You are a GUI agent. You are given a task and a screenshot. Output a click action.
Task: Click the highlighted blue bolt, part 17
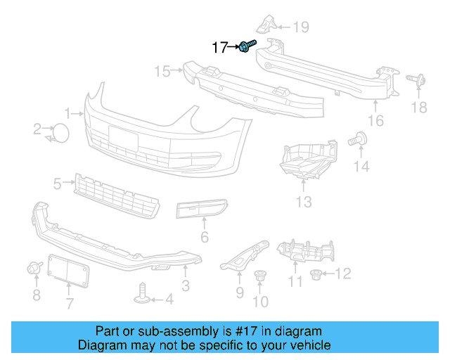pos(247,47)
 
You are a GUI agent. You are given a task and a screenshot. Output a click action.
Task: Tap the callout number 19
pos(301,27)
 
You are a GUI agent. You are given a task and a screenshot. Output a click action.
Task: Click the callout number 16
pos(376,121)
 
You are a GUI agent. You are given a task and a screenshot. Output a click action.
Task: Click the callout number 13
pos(303,203)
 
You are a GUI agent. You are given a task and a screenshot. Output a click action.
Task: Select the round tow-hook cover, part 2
pos(61,132)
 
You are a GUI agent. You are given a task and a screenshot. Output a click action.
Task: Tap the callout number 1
pos(68,112)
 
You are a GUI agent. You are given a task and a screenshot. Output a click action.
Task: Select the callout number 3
pos(185,285)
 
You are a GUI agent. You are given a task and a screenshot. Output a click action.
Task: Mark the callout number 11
pos(295,282)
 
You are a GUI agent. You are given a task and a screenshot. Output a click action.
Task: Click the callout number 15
pos(162,71)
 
